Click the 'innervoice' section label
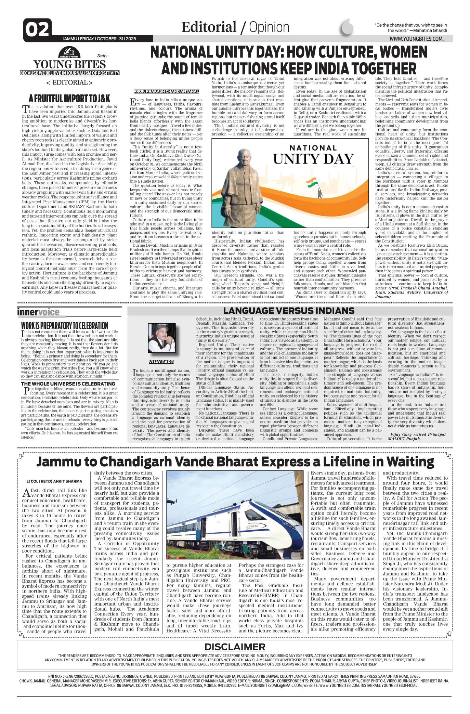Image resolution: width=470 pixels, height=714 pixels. [x=38, y=312]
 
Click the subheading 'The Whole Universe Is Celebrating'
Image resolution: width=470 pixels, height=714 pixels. [x=68, y=384]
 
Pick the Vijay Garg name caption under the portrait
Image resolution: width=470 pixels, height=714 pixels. [x=161, y=362]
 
